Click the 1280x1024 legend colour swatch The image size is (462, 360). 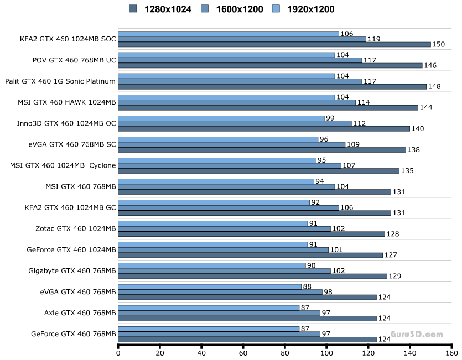pos(133,8)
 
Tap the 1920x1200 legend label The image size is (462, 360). pos(310,9)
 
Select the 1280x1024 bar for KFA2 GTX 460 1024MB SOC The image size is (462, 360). pos(274,44)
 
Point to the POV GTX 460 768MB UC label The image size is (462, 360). pos(75,60)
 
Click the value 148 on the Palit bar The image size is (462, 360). pos(435,86)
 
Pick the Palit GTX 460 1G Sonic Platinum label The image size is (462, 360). pos(60,81)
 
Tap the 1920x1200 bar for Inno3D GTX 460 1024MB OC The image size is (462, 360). pos(221,118)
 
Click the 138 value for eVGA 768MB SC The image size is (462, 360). pos(414,149)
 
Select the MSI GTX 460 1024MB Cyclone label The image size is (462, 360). pos(63,165)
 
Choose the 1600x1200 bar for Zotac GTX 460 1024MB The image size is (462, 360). pos(225,228)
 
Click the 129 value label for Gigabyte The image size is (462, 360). pos(395,275)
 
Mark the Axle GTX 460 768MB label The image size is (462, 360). pos(80,312)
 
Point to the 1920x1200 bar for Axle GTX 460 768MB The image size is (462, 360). pos(209,307)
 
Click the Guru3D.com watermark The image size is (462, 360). pos(416,334)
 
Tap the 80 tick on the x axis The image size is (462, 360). pos(285,352)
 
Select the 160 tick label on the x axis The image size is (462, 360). pos(451,352)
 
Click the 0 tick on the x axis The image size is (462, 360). pos(118,352)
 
